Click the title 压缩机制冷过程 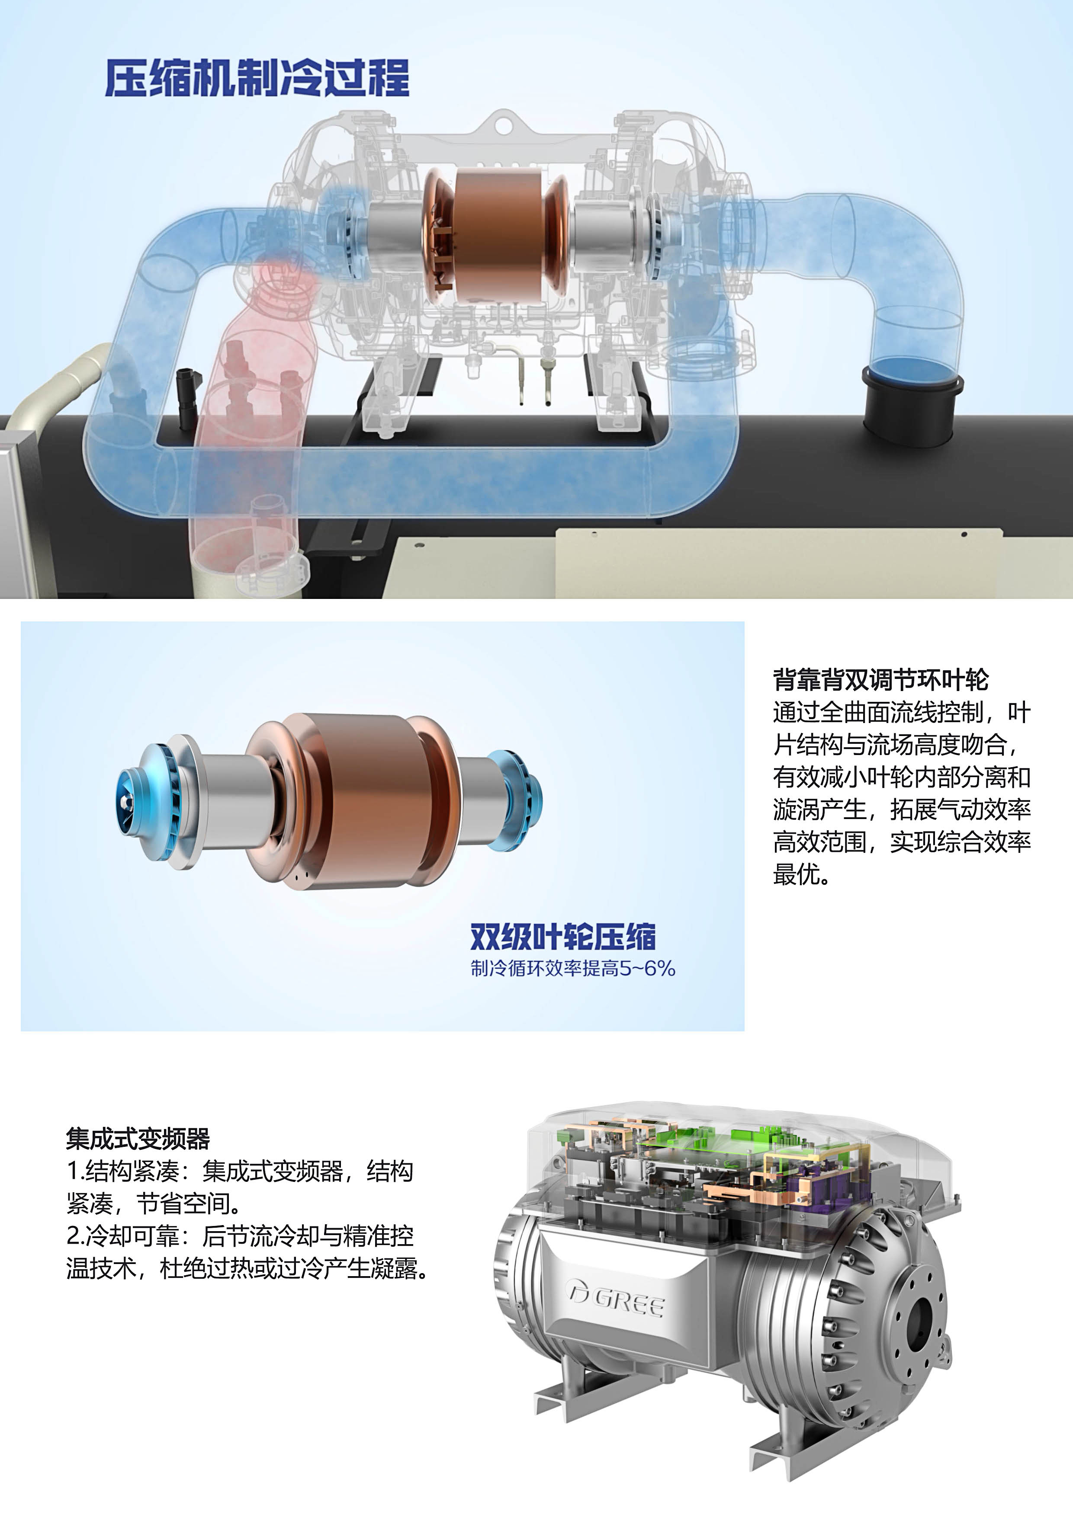257,78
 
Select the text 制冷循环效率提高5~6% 572,969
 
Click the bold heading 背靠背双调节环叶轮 880,679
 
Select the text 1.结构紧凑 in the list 122,1171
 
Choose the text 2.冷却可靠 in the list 122,1235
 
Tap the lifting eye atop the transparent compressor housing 506,123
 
